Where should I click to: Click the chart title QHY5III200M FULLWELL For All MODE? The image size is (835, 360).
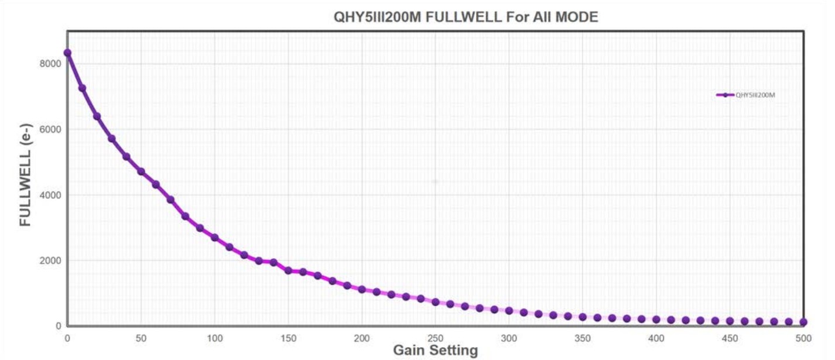pos(466,17)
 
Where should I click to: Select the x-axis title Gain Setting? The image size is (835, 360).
pos(435,351)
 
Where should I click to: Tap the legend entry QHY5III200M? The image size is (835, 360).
pos(755,95)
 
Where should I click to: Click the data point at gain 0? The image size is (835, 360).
pos(67,53)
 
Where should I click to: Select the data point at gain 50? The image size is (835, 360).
pos(141,172)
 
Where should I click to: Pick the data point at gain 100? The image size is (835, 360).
pos(215,238)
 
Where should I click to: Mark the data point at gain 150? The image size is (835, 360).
pos(288,270)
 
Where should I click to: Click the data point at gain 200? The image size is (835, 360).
pos(362,289)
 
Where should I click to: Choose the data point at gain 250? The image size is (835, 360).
pos(436,302)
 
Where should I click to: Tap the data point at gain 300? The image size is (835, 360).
pos(509,311)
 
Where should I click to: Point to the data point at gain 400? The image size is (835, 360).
pos(656,320)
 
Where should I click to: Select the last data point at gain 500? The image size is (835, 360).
pos(803,322)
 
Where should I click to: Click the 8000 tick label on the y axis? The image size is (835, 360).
pos(50,64)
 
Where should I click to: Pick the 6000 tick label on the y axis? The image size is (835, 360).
pos(50,129)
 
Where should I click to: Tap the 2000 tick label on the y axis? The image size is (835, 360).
pos(50,260)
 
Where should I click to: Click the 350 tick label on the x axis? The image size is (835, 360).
pos(583,338)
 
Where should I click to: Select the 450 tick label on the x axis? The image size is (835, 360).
pos(730,338)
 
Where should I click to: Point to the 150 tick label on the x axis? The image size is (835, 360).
pos(288,338)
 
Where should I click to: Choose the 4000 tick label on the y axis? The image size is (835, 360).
pos(50,195)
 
